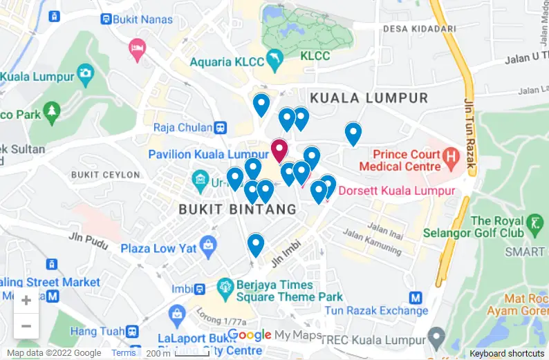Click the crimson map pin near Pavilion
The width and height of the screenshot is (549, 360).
click(x=279, y=150)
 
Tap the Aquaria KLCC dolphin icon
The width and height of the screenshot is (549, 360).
click(x=274, y=61)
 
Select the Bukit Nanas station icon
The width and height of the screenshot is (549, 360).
click(x=106, y=19)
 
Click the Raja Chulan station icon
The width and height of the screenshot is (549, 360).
click(x=221, y=127)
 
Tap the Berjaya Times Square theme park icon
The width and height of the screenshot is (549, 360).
click(x=225, y=285)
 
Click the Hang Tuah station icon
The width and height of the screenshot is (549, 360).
click(x=131, y=332)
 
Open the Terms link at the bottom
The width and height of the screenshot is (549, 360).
click(x=124, y=353)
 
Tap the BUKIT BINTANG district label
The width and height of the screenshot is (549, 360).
click(x=237, y=209)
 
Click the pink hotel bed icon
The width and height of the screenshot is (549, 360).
click(x=138, y=48)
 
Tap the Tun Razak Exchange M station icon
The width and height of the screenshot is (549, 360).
click(x=416, y=298)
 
